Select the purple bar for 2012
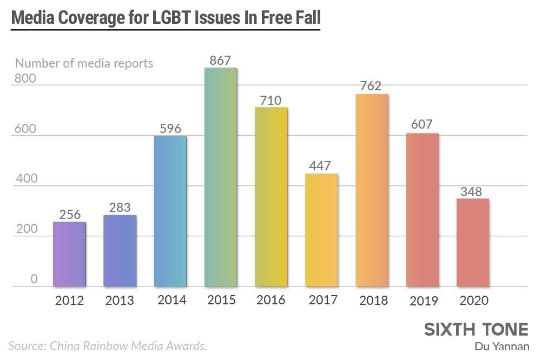[69, 254]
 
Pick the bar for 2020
[473, 243]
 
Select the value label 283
[120, 207]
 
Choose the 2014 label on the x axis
[170, 299]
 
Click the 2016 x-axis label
[271, 300]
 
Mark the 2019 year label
[423, 300]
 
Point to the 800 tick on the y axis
[25, 78]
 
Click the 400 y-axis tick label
[25, 179]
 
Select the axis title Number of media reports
[84, 63]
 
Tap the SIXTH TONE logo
[476, 330]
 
